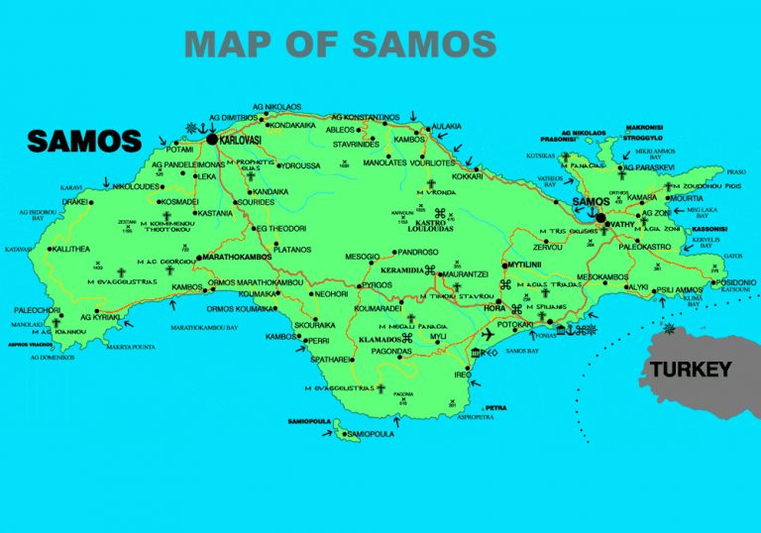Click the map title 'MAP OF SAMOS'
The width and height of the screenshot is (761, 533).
point(340,44)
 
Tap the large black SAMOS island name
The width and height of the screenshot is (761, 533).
point(84,141)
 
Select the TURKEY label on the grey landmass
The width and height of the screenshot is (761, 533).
point(691,370)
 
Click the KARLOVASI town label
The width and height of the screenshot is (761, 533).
point(248,141)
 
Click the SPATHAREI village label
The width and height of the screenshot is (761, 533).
point(331,359)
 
